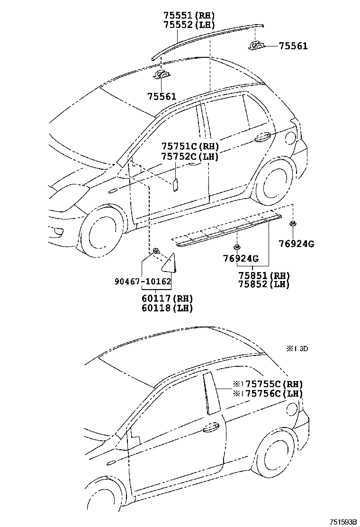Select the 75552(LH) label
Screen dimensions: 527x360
[189, 25]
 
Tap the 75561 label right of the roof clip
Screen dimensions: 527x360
[293, 46]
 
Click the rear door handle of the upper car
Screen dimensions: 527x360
[262, 137]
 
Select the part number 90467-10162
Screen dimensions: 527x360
[143, 281]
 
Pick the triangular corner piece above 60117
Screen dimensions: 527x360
[167, 262]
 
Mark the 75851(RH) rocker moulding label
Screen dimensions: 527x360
[264, 275]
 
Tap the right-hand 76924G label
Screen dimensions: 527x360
[297, 244]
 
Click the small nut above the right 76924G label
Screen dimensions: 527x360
[293, 223]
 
